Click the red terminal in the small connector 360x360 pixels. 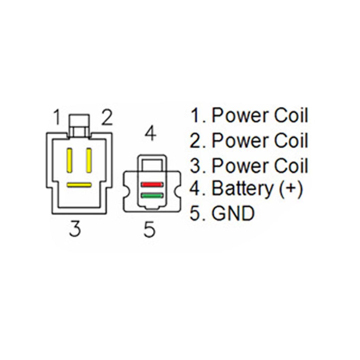click(152, 184)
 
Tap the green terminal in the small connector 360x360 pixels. click(152, 196)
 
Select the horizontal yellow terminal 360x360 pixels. click(79, 185)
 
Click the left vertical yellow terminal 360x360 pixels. click(69, 160)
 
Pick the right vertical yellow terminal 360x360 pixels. click(89, 160)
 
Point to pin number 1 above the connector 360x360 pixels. click(57, 117)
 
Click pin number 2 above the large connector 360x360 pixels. click(107, 117)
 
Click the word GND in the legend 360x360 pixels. click(233, 213)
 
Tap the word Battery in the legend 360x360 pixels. click(242, 189)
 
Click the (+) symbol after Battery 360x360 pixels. click(291, 189)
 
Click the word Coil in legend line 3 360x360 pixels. click(291, 165)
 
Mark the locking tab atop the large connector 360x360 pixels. click(79, 126)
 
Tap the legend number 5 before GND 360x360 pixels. click(195, 213)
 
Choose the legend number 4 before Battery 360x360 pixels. click(195, 189)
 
